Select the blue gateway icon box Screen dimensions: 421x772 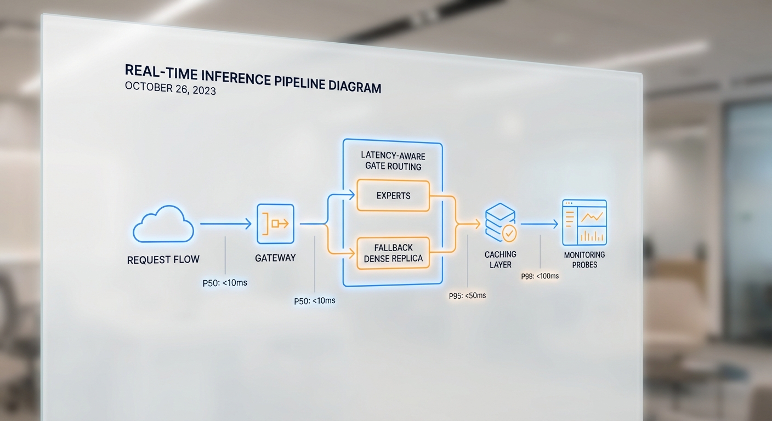point(275,224)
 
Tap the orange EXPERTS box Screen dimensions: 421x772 point(393,195)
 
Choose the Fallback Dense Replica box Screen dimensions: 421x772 point(393,253)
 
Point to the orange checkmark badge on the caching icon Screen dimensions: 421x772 point(510,234)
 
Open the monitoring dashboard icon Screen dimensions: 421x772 point(584,223)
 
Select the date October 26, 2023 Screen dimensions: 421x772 point(170,89)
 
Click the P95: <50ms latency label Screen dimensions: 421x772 point(467,295)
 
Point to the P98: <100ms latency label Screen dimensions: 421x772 point(540,276)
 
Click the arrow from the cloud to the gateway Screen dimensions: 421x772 point(225,224)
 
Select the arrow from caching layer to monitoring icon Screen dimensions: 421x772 point(539,224)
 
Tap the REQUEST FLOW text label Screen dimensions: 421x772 point(163,260)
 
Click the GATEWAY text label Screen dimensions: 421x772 point(275,258)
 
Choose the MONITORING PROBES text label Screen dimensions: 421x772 point(584,259)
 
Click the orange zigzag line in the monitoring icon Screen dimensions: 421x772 point(592,216)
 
